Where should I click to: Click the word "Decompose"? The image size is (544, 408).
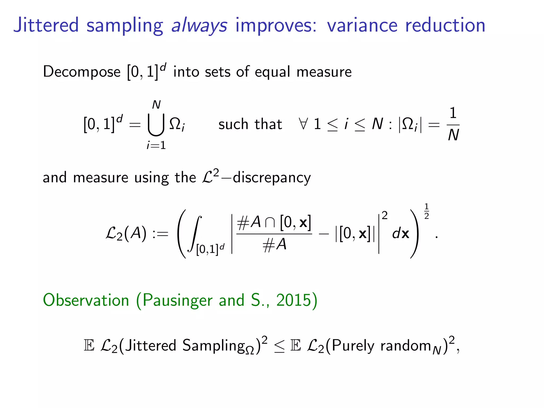pos(82,72)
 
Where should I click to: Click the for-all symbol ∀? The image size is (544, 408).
pos(303,124)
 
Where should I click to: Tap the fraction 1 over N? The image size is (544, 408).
pos(453,124)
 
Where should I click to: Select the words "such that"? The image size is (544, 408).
pos(250,124)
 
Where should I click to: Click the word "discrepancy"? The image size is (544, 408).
pos(271,178)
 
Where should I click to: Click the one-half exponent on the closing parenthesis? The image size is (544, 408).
pos(427,211)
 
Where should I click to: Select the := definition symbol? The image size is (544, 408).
pos(160,234)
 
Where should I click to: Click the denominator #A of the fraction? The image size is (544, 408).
pos(274,244)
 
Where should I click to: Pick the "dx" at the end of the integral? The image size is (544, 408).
pos(401,234)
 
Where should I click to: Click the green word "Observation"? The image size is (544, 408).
pos(86,300)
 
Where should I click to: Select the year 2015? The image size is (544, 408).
pos(293,300)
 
